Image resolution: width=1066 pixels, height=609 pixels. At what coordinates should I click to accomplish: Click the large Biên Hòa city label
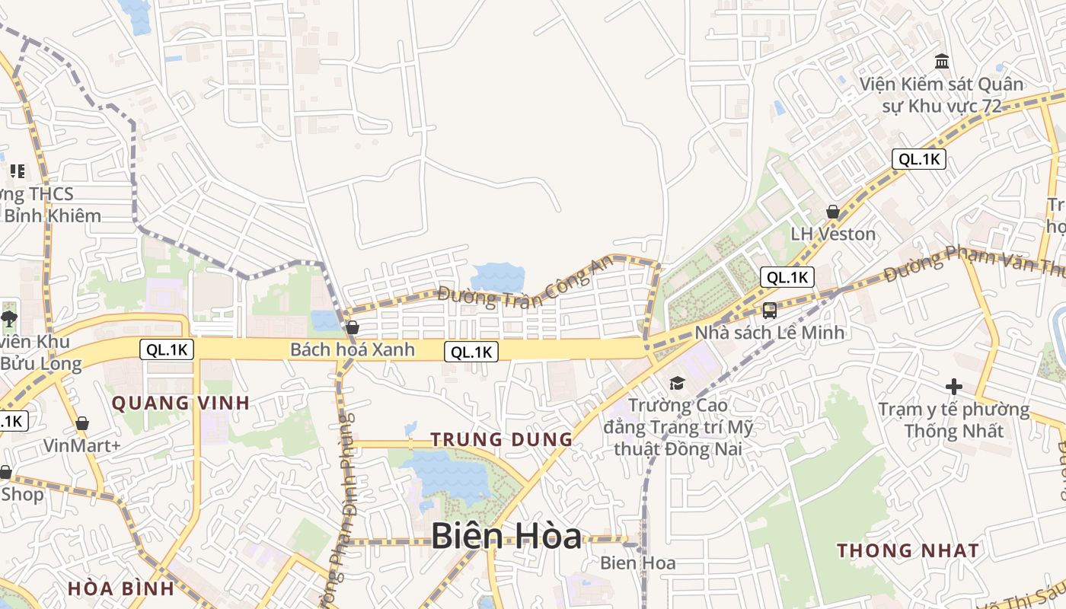(506, 537)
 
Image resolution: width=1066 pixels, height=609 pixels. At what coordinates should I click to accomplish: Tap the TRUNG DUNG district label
(501, 439)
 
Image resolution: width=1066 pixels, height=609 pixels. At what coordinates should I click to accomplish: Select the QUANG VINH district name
(181, 403)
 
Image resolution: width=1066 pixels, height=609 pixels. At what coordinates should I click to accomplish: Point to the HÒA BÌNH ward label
(121, 588)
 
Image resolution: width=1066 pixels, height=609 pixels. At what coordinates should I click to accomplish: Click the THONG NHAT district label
(908, 550)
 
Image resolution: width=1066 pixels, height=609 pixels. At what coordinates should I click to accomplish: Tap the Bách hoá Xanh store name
(353, 349)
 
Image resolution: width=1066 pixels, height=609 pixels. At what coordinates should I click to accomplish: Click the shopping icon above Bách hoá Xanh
(353, 327)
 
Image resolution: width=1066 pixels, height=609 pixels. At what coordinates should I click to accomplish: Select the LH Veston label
(833, 234)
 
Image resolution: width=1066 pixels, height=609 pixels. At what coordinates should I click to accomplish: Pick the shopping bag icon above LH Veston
(833, 212)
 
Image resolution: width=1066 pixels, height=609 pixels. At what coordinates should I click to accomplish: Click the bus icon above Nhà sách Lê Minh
(770, 311)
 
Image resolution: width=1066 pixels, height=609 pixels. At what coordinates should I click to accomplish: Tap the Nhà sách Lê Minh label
(770, 333)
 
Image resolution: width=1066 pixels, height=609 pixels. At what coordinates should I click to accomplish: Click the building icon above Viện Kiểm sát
(942, 61)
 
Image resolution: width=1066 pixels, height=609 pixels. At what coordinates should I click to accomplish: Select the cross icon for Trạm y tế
(953, 387)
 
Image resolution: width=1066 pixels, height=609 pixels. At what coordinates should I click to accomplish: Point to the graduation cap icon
(677, 383)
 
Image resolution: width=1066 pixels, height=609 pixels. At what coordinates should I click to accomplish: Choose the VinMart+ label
(81, 445)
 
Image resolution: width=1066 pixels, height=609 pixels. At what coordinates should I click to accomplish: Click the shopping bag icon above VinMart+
(81, 423)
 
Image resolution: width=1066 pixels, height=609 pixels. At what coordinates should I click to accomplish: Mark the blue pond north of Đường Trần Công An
(498, 277)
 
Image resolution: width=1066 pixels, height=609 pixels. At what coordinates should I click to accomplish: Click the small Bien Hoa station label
(638, 563)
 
